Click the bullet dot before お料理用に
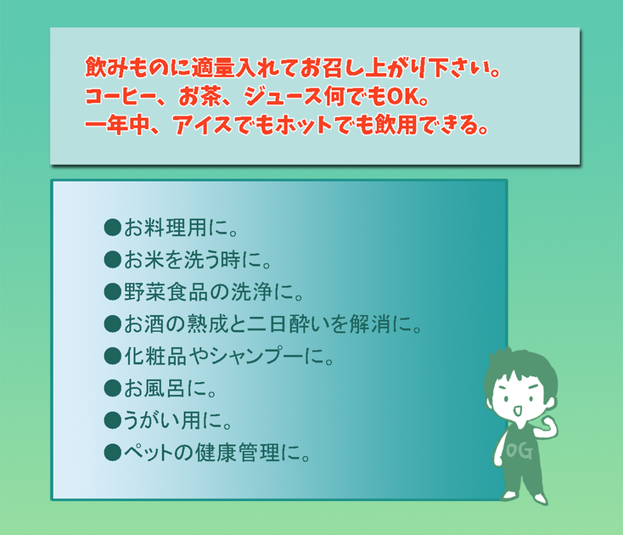coord(112,228)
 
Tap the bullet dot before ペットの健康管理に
coord(112,453)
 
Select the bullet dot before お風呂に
coord(112,388)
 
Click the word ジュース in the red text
coord(283,97)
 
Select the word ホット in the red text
coord(303,125)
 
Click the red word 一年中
coord(117,125)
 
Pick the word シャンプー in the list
coord(258,356)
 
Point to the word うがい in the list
coord(151,420)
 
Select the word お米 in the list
coord(144,260)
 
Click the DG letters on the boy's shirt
coord(519,451)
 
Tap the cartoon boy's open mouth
coord(517,411)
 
